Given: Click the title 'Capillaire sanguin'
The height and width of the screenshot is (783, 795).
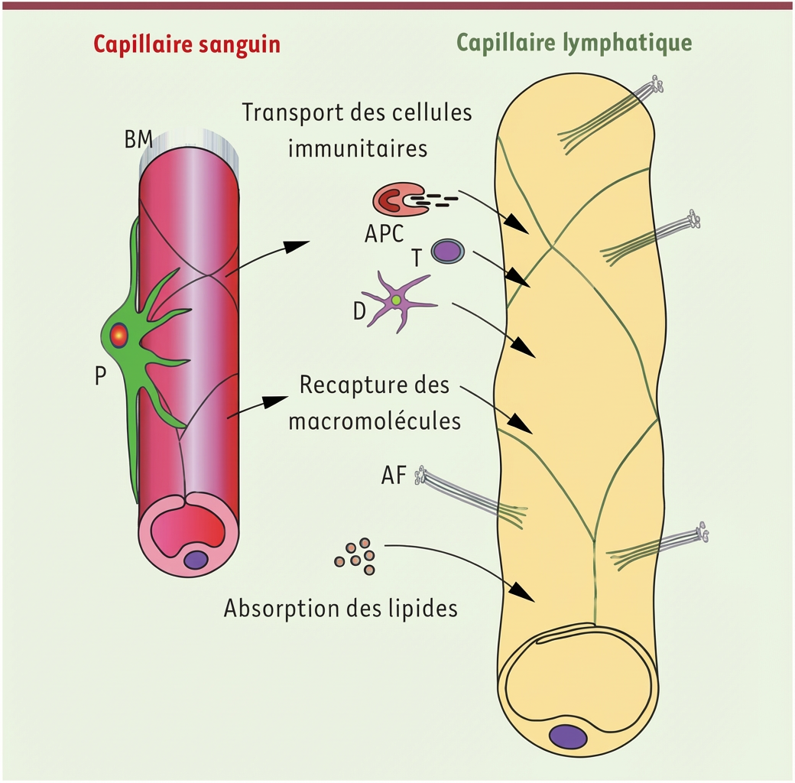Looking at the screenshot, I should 187,45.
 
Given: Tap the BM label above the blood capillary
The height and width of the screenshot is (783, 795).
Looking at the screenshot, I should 138,140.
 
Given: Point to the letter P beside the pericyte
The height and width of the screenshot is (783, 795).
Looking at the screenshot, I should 100,377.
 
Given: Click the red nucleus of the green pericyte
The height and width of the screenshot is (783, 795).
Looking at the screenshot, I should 119,334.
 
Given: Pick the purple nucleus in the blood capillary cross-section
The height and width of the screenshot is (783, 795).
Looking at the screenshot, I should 196,559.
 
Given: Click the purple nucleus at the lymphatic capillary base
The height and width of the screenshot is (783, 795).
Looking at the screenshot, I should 569,736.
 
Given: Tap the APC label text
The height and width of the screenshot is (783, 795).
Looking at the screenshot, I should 384,232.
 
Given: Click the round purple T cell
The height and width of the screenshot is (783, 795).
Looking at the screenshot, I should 447,251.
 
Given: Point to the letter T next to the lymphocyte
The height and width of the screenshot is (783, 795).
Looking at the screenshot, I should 417,258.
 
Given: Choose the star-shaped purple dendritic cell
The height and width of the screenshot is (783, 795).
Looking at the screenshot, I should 397,301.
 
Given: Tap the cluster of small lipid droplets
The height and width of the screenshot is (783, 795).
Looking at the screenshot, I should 356,556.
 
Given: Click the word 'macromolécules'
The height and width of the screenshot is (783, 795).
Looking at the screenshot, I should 375,420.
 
